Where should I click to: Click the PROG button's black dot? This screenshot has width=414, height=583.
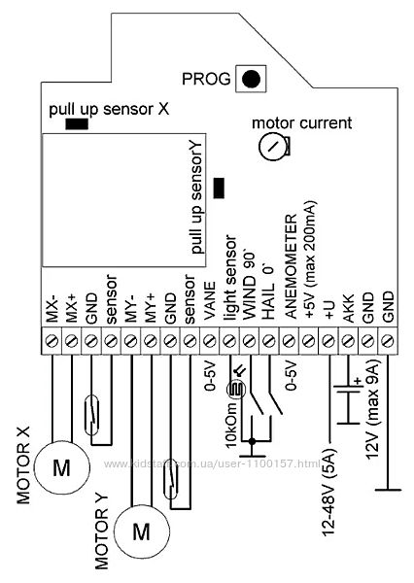pos(251,79)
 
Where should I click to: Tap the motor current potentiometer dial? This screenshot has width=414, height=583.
pos(274,146)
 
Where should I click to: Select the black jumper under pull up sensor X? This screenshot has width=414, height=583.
pos(77,123)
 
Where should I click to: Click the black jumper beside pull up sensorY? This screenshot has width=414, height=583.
pos(219,189)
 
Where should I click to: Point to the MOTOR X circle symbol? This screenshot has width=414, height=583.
pos(62,467)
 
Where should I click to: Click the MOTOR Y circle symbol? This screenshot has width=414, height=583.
pos(141,532)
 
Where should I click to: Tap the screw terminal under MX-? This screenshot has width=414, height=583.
pos(52,341)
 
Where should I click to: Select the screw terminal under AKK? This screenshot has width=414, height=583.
pos(348,341)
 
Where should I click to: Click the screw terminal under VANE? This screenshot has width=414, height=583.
pos(210,341)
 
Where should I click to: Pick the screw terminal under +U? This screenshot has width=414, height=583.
pos(328,341)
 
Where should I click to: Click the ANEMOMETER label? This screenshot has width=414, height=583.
pos(292,266)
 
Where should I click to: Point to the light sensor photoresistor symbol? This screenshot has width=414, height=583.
pos(236,390)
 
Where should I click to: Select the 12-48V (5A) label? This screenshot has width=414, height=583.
pos(328,493)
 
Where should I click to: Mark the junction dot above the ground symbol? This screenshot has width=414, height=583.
pos(253,441)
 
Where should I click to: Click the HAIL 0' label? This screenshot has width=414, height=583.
pos(269,292)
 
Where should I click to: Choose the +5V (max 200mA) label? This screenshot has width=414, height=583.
pos(311,259)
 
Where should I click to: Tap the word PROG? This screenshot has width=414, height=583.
pos(206,79)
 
